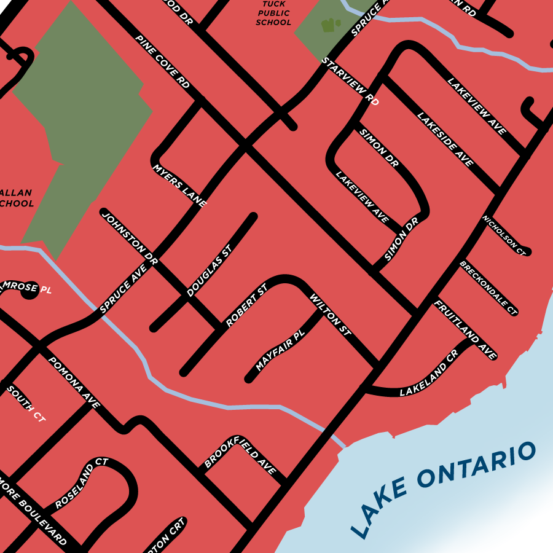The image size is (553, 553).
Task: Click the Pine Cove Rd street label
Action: coord(163,61)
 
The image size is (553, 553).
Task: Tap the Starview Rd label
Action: coord(351,82)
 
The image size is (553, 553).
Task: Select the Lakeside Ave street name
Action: coord(445,139)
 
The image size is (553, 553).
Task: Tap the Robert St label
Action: coord(246,305)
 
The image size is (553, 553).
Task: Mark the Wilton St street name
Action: coord(330,316)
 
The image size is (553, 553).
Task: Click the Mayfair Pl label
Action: coord(280,351)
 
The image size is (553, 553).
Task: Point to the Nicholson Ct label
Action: coord(504,235)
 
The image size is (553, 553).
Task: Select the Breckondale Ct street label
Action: coord(488,288)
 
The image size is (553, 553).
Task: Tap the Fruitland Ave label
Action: coord(465,330)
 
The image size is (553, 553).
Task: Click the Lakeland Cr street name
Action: coord(429,373)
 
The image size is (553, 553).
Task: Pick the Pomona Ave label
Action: coord(74,383)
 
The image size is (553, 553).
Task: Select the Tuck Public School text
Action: coord(273,13)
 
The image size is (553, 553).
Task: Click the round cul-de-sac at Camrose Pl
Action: coord(28,293)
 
